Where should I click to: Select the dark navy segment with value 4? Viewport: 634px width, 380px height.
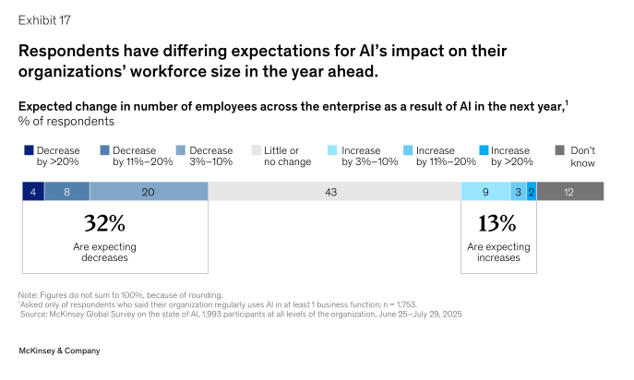click(x=33, y=192)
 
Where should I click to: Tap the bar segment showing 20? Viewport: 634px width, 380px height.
click(x=149, y=192)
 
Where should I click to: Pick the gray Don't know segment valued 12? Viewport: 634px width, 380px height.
click(x=569, y=192)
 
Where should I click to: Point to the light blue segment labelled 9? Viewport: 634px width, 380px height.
click(x=485, y=192)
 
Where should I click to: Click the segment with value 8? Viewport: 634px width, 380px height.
click(x=67, y=192)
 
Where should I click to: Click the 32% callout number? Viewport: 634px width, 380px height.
click(x=104, y=223)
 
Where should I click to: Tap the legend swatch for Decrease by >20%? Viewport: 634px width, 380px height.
click(x=28, y=150)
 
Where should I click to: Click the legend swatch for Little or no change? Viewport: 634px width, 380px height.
click(x=257, y=150)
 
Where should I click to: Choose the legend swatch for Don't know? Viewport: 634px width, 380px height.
click(x=560, y=150)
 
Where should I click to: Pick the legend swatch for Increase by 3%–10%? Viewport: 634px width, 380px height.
click(x=333, y=150)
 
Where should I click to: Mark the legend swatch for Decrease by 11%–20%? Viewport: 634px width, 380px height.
click(x=104, y=150)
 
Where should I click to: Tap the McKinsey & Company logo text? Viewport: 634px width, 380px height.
click(x=59, y=350)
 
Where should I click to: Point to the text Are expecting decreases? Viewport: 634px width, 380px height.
click(x=104, y=253)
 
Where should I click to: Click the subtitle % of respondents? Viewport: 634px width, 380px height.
click(x=66, y=121)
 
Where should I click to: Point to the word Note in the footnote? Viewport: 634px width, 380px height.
click(x=28, y=294)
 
